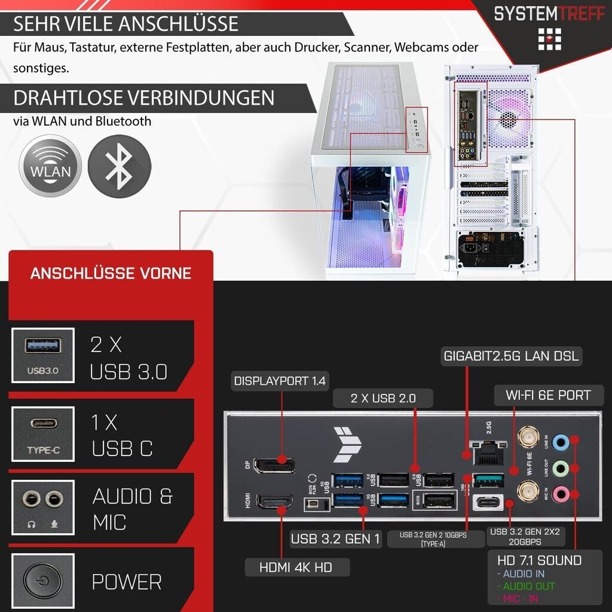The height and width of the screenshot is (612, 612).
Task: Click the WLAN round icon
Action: tap(50, 166)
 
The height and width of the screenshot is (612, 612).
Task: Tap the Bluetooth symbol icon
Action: tap(120, 166)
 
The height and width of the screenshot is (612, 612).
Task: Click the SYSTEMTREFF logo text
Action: tap(549, 13)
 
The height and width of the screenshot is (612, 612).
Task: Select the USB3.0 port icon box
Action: tap(42, 356)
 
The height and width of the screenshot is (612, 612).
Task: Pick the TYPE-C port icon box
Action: tap(42, 434)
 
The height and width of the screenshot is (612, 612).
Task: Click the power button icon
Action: tap(42, 581)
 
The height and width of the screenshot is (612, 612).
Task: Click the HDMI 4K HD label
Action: tap(296, 567)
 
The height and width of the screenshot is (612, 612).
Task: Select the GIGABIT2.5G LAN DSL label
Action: tap(511, 357)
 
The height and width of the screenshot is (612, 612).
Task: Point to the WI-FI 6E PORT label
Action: tap(547, 395)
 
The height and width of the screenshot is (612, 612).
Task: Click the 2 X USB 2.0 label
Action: tap(383, 398)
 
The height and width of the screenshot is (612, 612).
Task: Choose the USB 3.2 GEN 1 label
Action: tap(335, 538)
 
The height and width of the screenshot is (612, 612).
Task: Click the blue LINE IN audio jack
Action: tap(559, 442)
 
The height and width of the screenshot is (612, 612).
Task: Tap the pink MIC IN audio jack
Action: tap(559, 494)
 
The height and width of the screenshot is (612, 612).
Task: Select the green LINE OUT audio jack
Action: tap(559, 468)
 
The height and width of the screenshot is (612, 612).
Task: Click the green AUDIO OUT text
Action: tap(528, 586)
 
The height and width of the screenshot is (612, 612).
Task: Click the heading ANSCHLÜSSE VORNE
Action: tap(111, 274)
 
